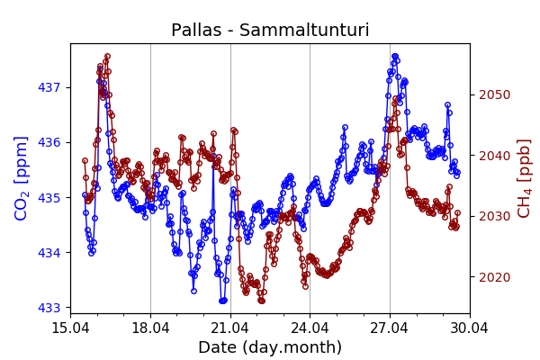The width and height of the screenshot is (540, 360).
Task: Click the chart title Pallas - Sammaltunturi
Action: [x=270, y=30]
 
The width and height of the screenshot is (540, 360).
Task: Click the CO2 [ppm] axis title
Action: [x=22, y=178]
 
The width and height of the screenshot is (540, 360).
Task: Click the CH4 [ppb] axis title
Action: [x=524, y=178]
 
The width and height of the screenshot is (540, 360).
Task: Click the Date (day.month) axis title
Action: [x=270, y=347]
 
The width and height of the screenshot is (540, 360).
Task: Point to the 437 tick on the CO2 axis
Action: [x=50, y=87]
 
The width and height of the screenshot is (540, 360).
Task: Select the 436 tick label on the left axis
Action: [x=50, y=142]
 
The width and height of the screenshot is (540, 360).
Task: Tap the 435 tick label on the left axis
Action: [x=50, y=197]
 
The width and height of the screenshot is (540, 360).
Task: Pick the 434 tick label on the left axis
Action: [x=50, y=252]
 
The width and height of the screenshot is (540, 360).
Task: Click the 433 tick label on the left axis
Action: [x=50, y=308]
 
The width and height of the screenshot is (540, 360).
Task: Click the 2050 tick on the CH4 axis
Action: [x=493, y=94]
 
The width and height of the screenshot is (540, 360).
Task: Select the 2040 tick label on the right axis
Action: [x=493, y=156]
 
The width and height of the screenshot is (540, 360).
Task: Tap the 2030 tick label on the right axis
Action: [x=493, y=216]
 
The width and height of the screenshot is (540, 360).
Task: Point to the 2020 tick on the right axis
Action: [x=493, y=277]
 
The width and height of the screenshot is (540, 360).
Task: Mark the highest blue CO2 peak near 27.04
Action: [x=394, y=57]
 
